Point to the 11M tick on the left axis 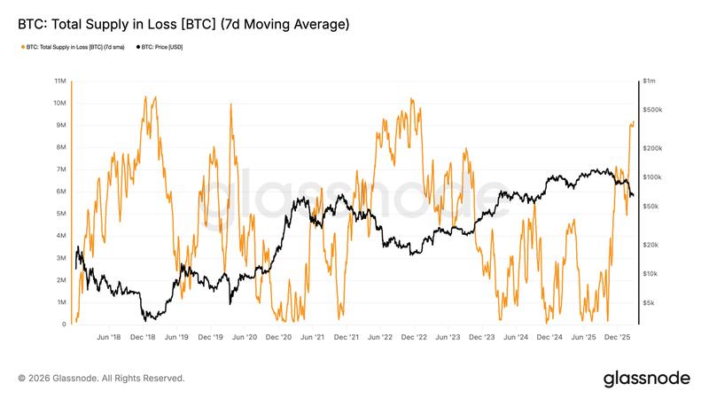pyautogui.click(x=61, y=81)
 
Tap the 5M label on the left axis pyautogui.click(x=61, y=214)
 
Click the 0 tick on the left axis pyautogui.click(x=64, y=325)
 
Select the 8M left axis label pyautogui.click(x=61, y=147)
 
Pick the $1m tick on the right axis pyautogui.click(x=651, y=81)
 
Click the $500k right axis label pyautogui.click(x=653, y=109)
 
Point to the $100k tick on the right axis pyautogui.click(x=653, y=176)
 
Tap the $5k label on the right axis pyautogui.click(x=651, y=302)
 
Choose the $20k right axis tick pyautogui.click(x=651, y=244)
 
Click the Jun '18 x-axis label pyautogui.click(x=108, y=338)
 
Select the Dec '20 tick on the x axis pyautogui.click(x=279, y=338)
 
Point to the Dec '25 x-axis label pyautogui.click(x=618, y=338)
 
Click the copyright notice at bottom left pyautogui.click(x=101, y=378)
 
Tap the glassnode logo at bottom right pyautogui.click(x=646, y=378)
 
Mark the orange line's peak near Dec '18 pyautogui.click(x=145, y=97)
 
